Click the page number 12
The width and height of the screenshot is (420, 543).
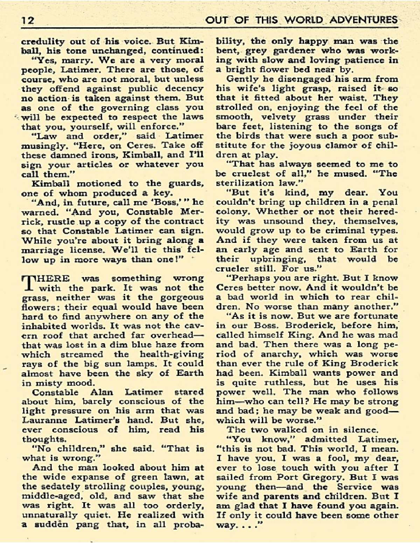pyautogui.click(x=28, y=20)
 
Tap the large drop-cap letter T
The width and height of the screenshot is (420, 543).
pyautogui.click(x=29, y=284)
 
